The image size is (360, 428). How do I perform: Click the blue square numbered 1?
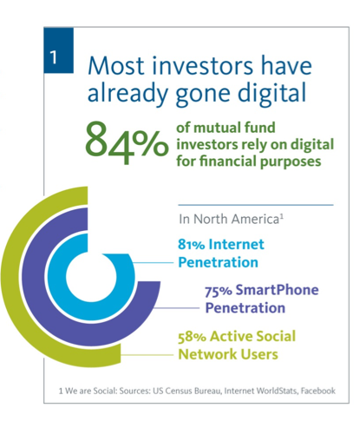pos(59,50)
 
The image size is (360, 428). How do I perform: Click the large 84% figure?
pos(127,142)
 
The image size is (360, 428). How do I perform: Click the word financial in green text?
pos(227,161)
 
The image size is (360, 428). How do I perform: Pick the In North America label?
pos(231,219)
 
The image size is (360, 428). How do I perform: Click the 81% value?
pos(191,245)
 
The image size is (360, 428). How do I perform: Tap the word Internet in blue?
pos(236,244)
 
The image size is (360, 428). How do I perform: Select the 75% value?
pos(218,291)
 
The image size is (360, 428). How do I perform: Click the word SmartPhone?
pos(277,290)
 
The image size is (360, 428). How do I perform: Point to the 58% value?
pos(192,337)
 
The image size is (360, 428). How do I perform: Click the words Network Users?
pos(228,354)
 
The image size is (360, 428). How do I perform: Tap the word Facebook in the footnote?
pos(318,391)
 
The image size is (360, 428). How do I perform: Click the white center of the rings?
pos(91,277)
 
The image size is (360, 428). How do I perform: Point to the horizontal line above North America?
pos(256,205)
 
